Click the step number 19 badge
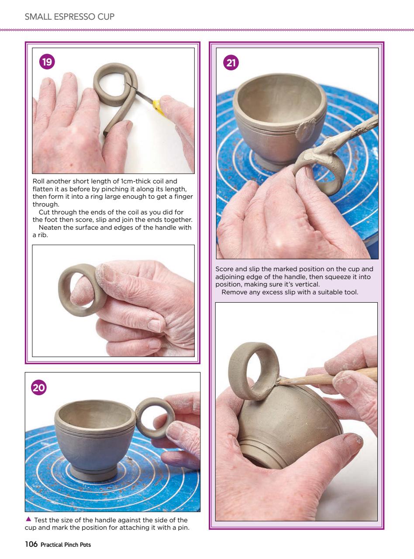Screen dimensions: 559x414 coord(47,62)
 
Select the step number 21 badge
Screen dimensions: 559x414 coord(231,63)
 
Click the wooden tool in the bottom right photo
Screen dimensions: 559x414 coord(332,376)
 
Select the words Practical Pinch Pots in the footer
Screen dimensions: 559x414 coord(66,545)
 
